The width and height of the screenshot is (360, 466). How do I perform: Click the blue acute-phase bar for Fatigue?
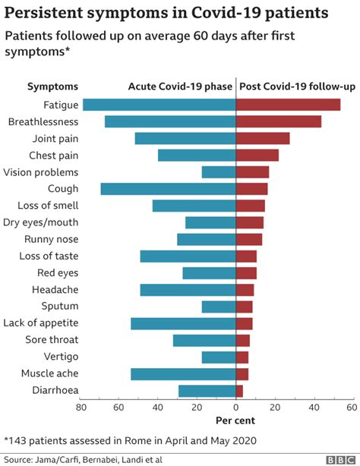159,105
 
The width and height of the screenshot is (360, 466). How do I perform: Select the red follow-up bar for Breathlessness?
279,121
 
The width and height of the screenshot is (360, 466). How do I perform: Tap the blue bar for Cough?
168,189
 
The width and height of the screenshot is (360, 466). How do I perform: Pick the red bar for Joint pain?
263,138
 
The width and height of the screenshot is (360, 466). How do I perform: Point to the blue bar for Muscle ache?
183,374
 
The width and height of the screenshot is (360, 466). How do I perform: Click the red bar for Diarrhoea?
240,391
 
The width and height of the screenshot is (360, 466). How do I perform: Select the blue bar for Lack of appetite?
183,323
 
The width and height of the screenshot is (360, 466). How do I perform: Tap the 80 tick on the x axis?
81,408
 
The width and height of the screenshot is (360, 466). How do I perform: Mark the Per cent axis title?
235,420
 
